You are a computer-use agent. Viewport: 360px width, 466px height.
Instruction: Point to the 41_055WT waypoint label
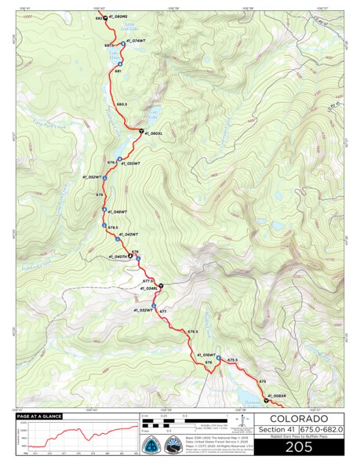pos(129,163)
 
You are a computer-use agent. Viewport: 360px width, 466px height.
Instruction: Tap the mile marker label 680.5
pos(122,104)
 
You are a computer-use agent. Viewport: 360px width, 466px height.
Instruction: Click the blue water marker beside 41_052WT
pos(104,178)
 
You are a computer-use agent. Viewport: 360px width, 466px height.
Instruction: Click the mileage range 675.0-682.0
pos(321,428)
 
